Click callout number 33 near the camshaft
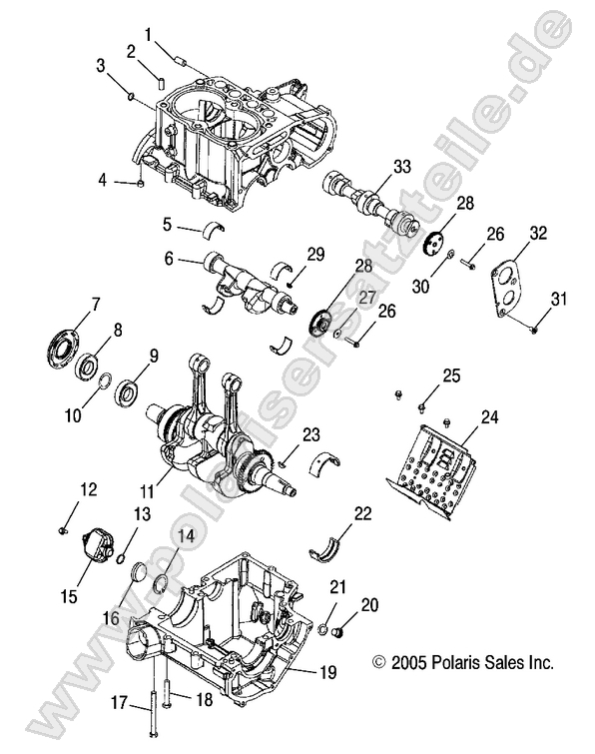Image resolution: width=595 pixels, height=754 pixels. [402, 165]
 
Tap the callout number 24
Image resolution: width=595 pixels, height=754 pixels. [517, 415]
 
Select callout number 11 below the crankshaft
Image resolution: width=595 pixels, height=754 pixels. [147, 491]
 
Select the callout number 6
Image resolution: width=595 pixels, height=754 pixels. [169, 259]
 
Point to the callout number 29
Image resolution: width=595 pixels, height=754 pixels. [316, 256]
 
